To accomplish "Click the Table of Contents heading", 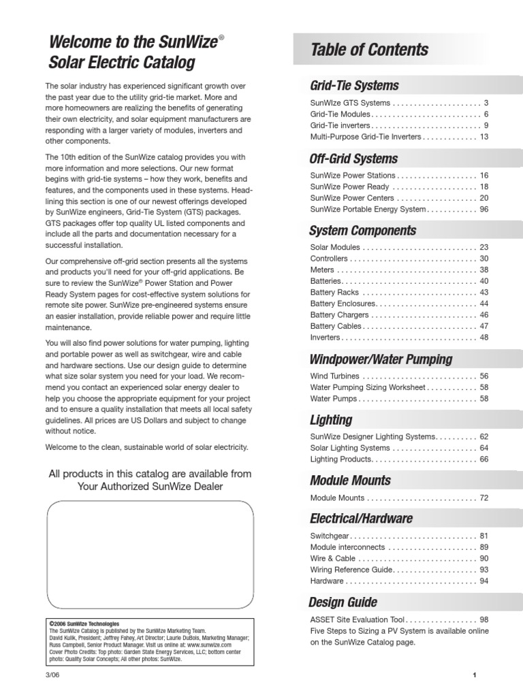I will [x=369, y=50].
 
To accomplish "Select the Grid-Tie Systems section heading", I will [x=354, y=86].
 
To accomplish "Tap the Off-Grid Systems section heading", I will [x=353, y=159].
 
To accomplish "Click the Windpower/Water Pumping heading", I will [x=381, y=359].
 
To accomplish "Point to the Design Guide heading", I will [x=343, y=602].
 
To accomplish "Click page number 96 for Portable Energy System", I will [x=484, y=210].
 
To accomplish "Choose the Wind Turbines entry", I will [x=334, y=376].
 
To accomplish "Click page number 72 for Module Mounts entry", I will [x=484, y=498].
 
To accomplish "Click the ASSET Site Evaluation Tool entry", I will [x=358, y=620].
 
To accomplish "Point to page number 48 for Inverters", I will [x=484, y=338].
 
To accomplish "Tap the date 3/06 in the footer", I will [x=52, y=675].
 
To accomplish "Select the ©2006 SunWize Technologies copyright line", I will [x=84, y=623].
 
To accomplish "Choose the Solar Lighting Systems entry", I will [x=350, y=449].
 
